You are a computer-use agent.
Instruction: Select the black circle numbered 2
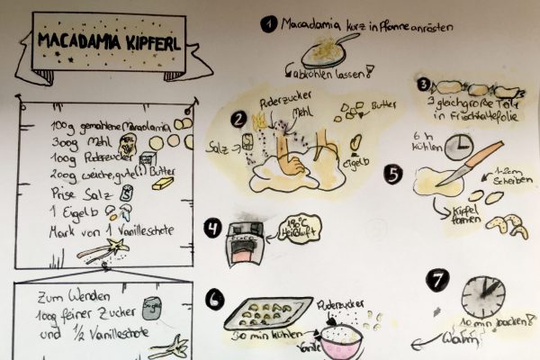tap(237, 118)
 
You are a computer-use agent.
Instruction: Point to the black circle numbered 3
tap(423, 85)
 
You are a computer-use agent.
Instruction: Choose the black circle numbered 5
tap(391, 171)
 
